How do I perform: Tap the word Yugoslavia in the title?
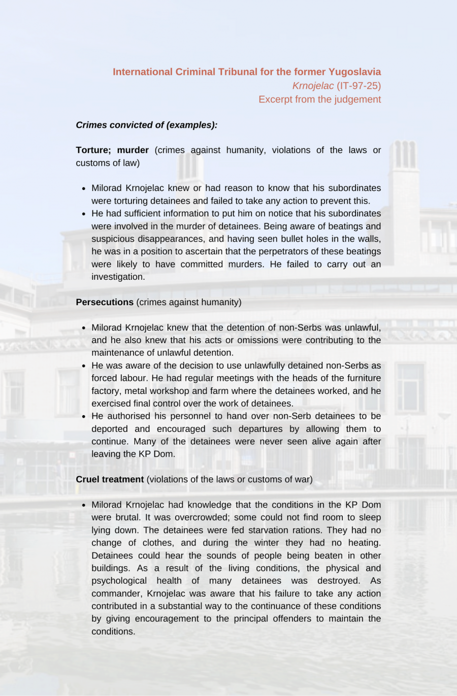(354, 72)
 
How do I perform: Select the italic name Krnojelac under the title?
(313, 86)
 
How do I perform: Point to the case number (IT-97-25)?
(358, 86)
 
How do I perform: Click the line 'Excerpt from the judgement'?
(319, 100)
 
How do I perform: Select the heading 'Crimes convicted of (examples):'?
(147, 125)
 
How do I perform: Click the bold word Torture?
(93, 150)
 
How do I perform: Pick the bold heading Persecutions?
(105, 303)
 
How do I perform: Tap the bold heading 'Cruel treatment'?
(110, 480)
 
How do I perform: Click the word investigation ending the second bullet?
(117, 277)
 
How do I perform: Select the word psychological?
(119, 581)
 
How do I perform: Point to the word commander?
(116, 593)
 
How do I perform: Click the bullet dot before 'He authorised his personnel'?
(83, 416)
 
